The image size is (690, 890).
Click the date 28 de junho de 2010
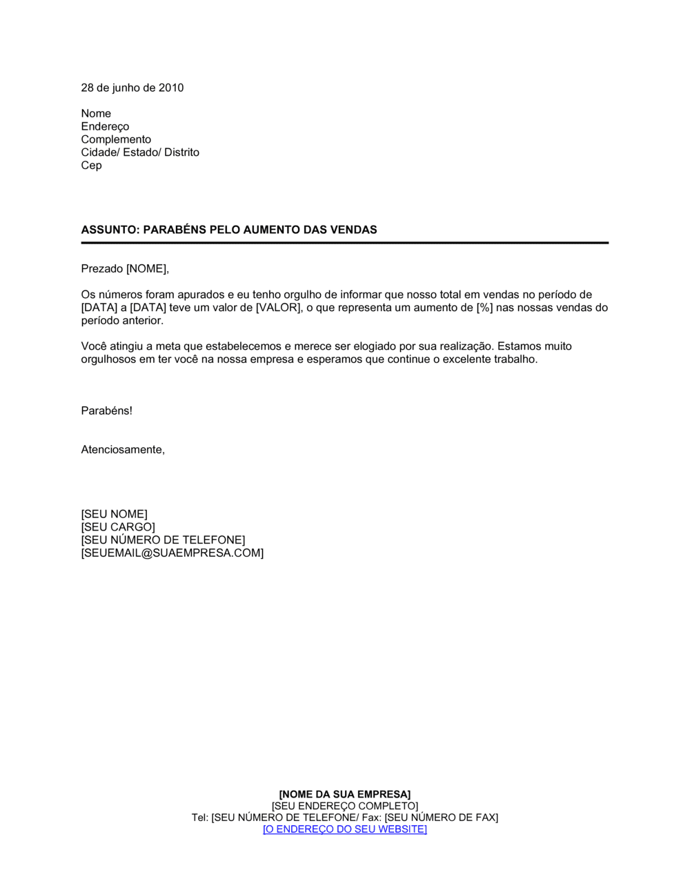click(132, 88)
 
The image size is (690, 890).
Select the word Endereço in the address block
click(105, 126)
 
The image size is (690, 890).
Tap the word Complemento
click(116, 139)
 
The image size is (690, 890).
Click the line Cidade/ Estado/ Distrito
click(140, 152)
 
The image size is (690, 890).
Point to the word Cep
click(91, 166)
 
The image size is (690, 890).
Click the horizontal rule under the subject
click(345, 243)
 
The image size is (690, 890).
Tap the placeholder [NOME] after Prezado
click(146, 268)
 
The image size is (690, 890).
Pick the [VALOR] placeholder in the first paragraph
click(277, 308)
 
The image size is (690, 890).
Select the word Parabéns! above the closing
click(106, 411)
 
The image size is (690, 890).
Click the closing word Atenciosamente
click(122, 450)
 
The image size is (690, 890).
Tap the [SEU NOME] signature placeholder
click(114, 514)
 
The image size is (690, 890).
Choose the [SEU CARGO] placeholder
click(118, 527)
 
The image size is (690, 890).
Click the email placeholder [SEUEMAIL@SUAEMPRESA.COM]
click(172, 553)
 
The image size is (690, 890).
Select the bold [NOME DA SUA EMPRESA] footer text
click(344, 795)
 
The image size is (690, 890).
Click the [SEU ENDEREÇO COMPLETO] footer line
click(344, 806)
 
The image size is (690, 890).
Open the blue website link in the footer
click(344, 829)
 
